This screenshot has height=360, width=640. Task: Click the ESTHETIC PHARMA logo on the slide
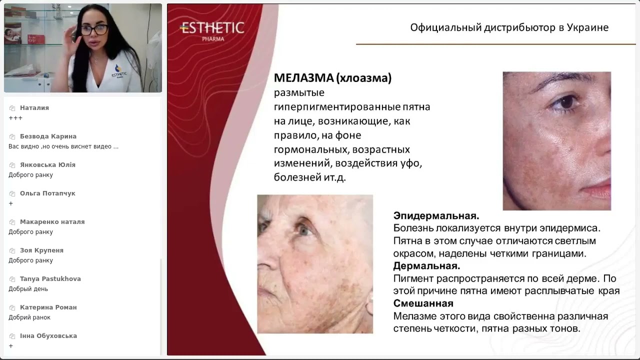point(212,30)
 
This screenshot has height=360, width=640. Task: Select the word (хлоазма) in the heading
point(364,78)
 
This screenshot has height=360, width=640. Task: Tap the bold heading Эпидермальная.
point(436,216)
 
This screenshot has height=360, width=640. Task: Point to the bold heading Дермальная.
point(426,266)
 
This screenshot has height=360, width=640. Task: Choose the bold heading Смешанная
point(423,303)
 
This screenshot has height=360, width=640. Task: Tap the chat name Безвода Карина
point(48,136)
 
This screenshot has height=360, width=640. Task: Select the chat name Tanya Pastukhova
point(50,279)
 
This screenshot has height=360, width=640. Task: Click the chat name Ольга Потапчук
point(47,193)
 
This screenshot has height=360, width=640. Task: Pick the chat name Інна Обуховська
point(48,336)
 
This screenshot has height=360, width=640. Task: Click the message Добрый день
point(28,289)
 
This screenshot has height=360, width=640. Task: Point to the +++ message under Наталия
point(15,118)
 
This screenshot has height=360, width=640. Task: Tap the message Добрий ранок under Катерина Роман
point(29,317)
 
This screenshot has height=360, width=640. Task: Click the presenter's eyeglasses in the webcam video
point(94,29)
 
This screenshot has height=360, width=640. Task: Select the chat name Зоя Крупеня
point(41,250)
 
